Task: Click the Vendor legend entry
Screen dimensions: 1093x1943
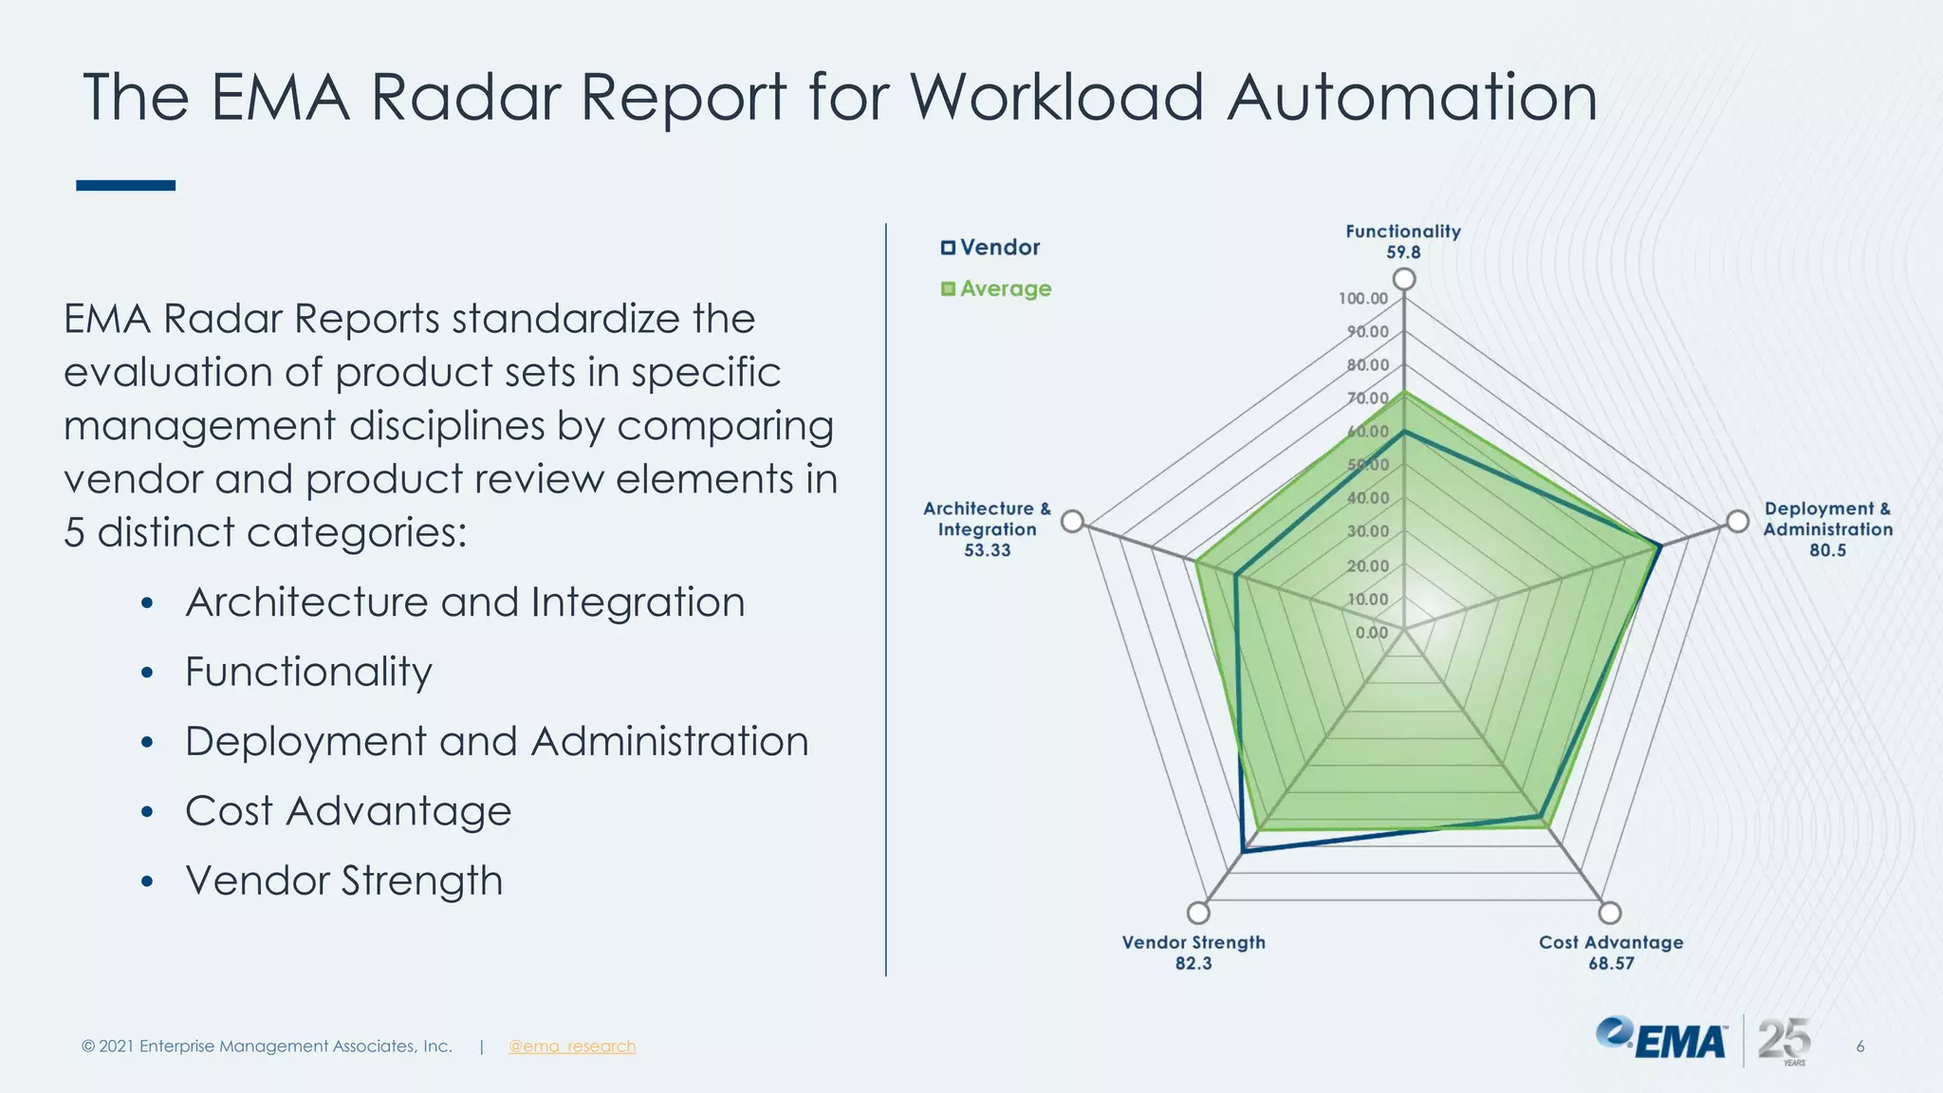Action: point(990,248)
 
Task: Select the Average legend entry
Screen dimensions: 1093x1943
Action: point(996,288)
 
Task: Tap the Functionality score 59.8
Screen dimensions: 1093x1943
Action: point(1403,252)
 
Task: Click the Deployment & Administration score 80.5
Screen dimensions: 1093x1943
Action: point(1827,550)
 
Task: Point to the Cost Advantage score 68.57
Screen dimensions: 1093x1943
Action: point(1611,963)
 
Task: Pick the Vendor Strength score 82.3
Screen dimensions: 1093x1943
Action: point(1194,963)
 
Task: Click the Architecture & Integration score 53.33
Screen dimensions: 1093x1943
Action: point(987,550)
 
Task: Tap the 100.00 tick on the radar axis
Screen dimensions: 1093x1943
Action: point(1363,299)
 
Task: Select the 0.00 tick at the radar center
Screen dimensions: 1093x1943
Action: point(1372,633)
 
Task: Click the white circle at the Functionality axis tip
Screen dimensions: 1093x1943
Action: point(1404,279)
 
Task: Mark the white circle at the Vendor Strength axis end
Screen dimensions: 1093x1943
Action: point(1198,913)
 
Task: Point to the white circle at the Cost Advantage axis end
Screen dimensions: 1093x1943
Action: point(1610,913)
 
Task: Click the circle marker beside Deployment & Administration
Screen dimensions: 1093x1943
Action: point(1737,521)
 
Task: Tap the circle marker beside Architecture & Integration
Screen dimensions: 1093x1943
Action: point(1072,521)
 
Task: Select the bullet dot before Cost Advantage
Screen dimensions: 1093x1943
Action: point(146,812)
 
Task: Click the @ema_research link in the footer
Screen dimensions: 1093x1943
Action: point(572,1047)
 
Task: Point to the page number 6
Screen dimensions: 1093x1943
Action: point(1860,1047)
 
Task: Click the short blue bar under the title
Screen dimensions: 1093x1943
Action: point(125,185)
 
